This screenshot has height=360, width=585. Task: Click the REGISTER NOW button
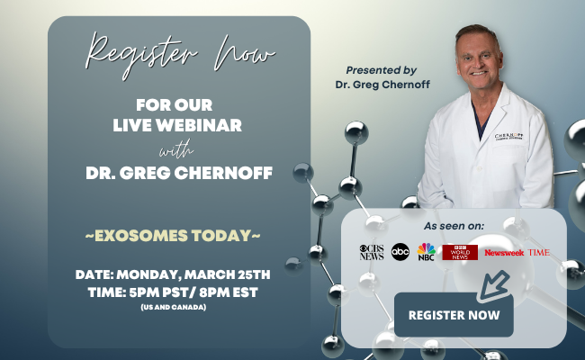point(454,315)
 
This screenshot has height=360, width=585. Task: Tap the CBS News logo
point(370,252)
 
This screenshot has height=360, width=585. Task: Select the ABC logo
point(400,252)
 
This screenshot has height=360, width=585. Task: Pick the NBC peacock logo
point(426,251)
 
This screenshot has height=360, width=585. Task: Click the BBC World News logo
point(459,252)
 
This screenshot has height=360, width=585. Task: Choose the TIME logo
point(539,252)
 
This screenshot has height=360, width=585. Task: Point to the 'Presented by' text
point(381,69)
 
